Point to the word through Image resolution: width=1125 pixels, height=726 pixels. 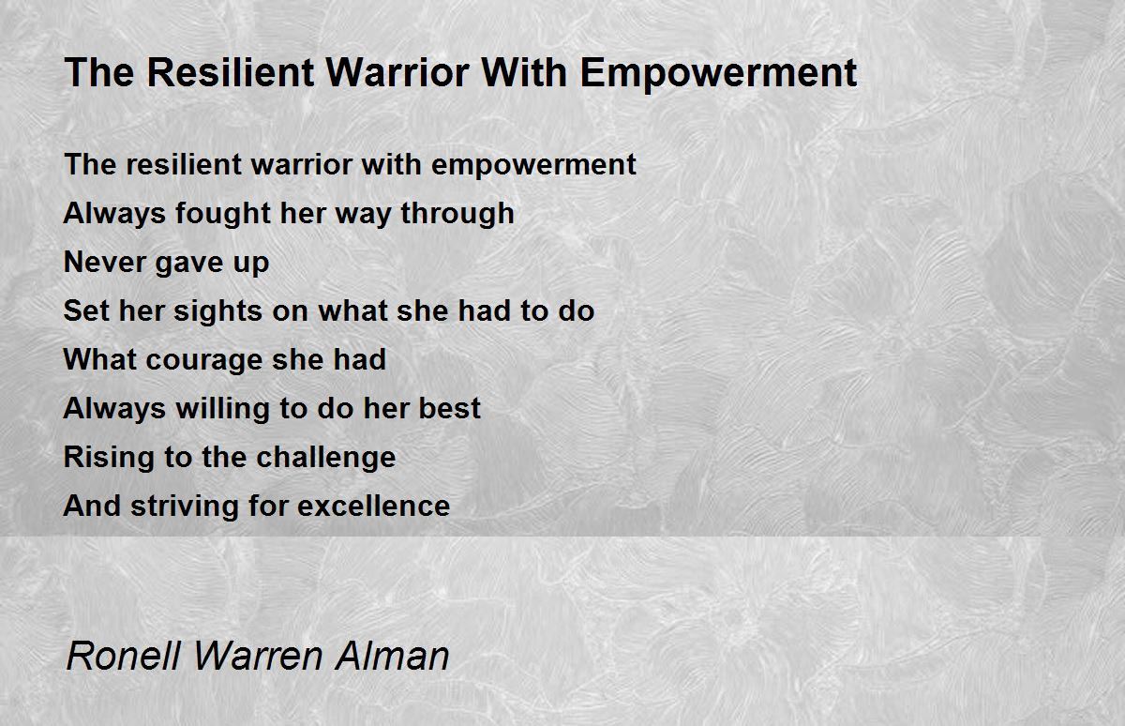pyautogui.click(x=457, y=215)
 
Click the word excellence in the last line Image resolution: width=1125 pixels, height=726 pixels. pyautogui.click(x=373, y=507)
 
